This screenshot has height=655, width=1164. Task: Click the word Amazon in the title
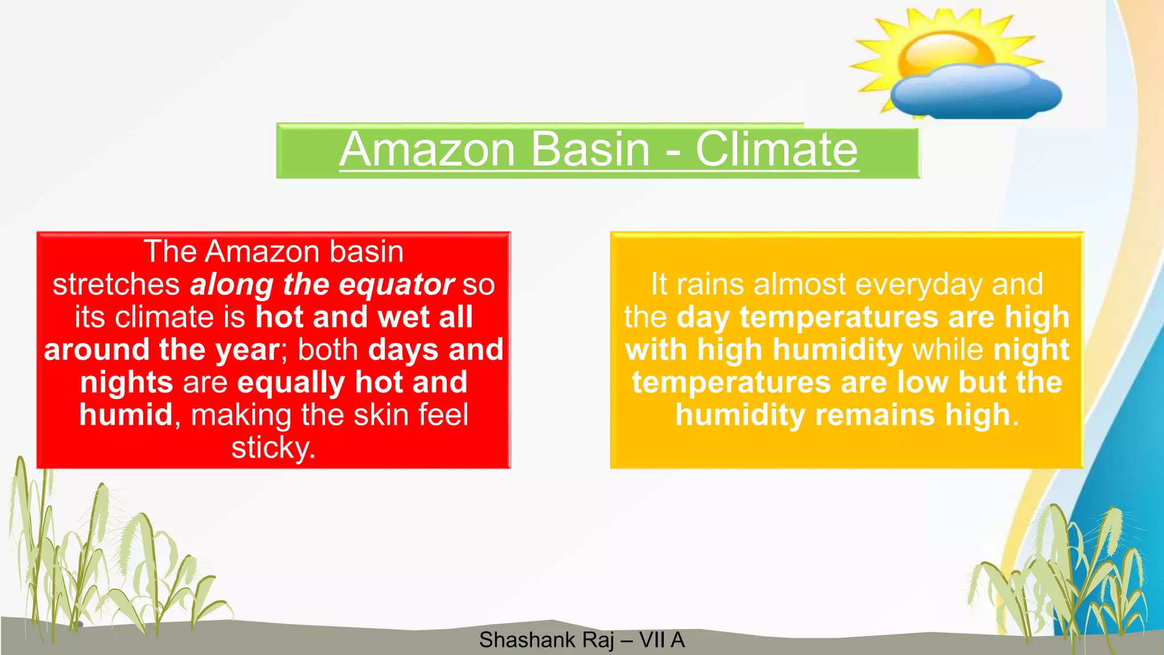click(x=427, y=150)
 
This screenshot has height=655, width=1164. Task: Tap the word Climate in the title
click(x=776, y=150)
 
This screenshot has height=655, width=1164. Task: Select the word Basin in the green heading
click(x=591, y=150)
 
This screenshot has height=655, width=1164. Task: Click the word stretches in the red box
click(x=116, y=284)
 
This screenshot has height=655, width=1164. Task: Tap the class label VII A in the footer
click(x=662, y=640)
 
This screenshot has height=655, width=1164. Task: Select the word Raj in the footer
click(x=598, y=640)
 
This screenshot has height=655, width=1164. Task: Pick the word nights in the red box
click(x=126, y=382)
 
